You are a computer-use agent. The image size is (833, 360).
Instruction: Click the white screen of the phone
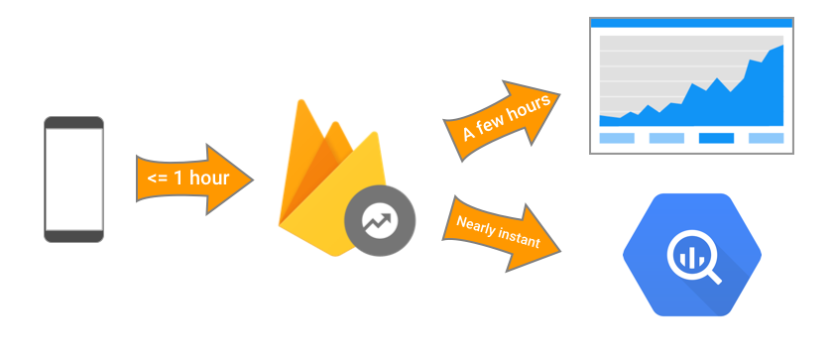73,179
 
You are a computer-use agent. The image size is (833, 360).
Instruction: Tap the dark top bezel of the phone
73,123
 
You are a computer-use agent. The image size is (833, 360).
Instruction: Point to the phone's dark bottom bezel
73,235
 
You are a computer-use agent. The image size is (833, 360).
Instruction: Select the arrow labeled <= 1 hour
193,179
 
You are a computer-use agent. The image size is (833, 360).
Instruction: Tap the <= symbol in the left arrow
157,179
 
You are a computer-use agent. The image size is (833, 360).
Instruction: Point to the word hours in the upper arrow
532,108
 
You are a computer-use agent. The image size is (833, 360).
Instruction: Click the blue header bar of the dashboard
691,22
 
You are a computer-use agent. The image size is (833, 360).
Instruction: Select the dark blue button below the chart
716,138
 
